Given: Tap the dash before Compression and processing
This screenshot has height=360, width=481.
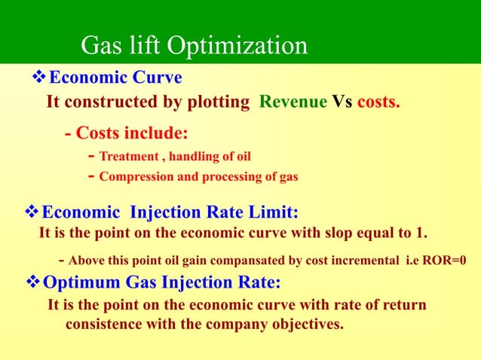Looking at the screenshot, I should coord(90,178).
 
